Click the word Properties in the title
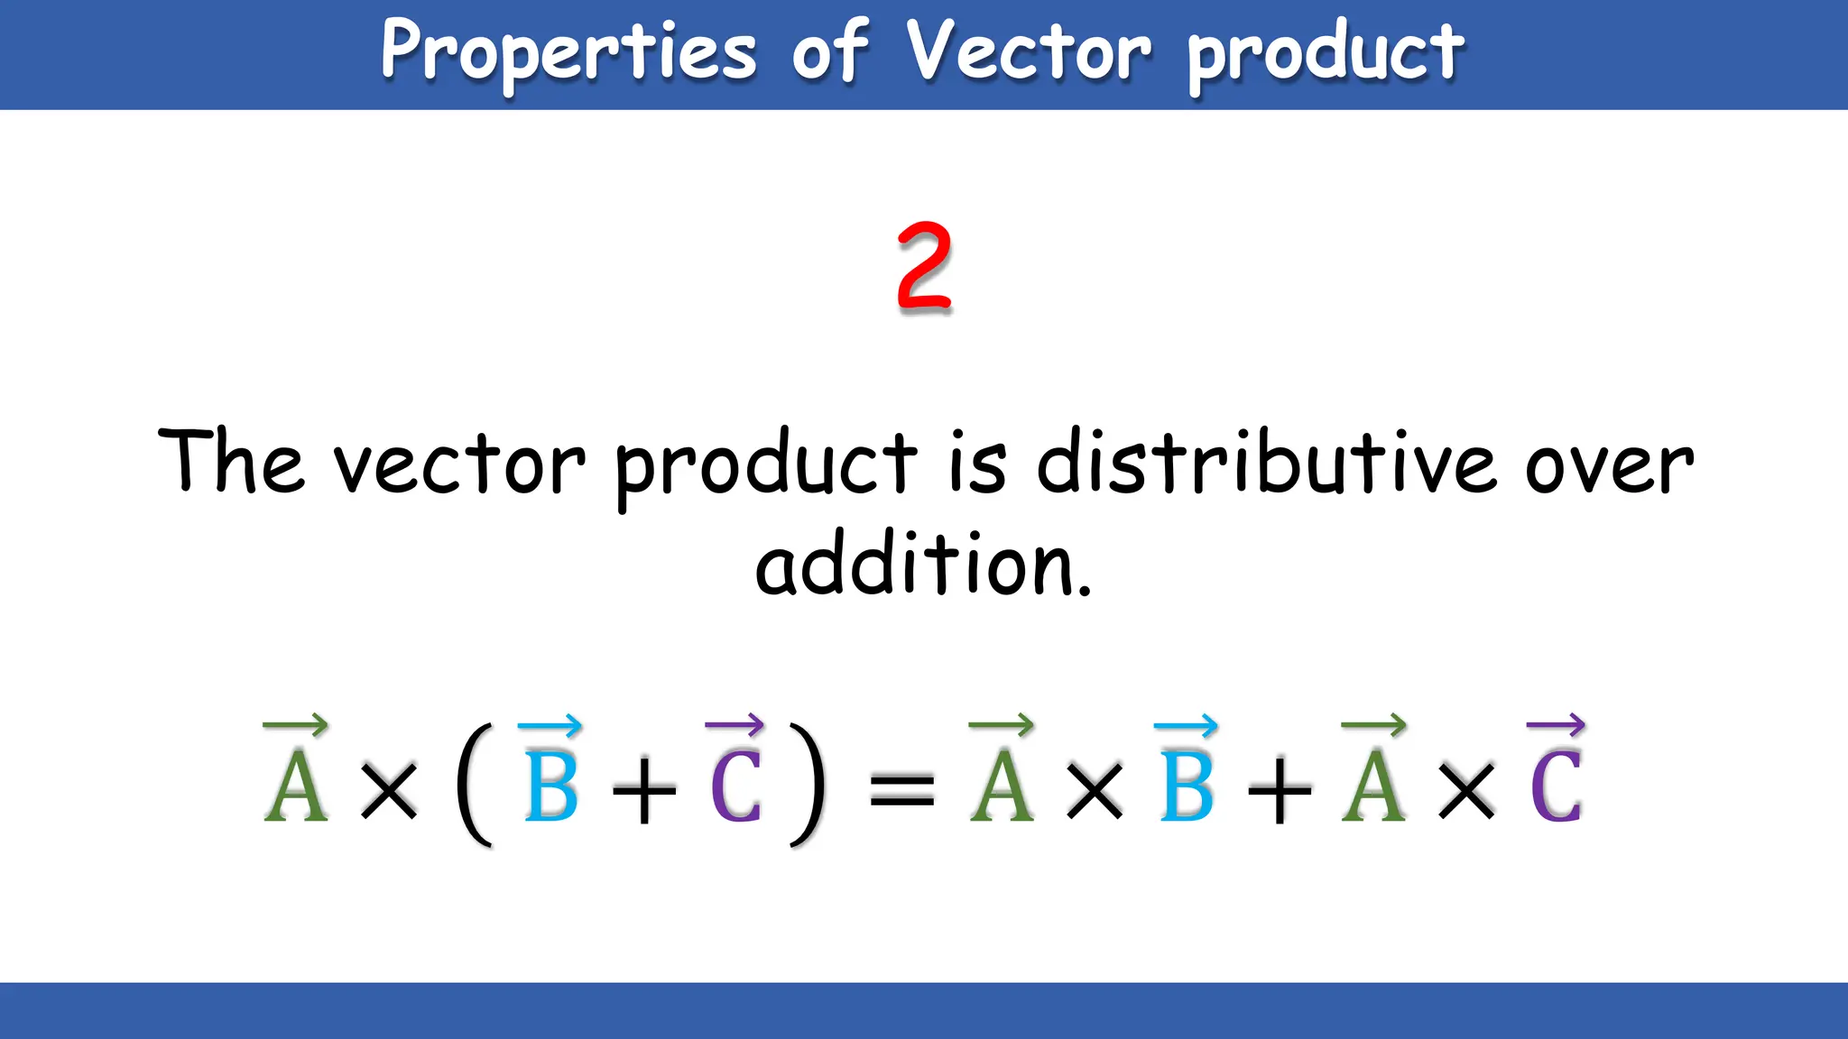tap(568, 52)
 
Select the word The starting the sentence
tap(231, 462)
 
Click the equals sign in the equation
tap(901, 790)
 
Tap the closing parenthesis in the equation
tap(807, 785)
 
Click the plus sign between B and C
tap(643, 792)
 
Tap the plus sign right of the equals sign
tap(1279, 792)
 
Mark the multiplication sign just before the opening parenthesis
tap(389, 791)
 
